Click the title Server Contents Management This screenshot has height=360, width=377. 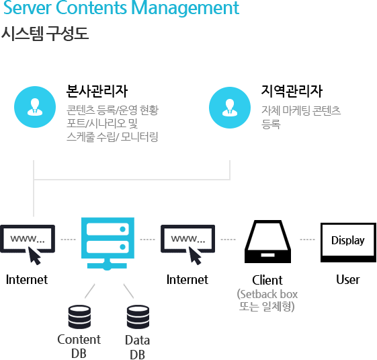(121, 8)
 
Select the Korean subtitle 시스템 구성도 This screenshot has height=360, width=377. (45, 33)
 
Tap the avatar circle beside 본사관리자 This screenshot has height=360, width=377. (35, 107)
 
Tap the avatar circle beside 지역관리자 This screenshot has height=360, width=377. (230, 108)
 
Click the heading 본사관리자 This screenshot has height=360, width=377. (97, 91)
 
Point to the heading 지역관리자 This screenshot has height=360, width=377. (292, 91)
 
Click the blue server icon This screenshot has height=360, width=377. (108, 244)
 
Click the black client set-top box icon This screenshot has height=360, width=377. (267, 242)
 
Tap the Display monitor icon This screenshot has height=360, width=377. (348, 242)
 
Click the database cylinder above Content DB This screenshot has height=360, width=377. (79, 317)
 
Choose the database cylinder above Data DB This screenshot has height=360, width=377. (138, 317)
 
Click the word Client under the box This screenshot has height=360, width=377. (267, 280)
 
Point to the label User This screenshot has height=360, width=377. (348, 279)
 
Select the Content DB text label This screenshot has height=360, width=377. (79, 347)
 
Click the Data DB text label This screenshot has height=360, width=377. (137, 347)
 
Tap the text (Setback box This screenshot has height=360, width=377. (267, 294)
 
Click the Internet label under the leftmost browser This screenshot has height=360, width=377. (27, 279)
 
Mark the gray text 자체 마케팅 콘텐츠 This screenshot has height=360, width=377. (301, 110)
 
